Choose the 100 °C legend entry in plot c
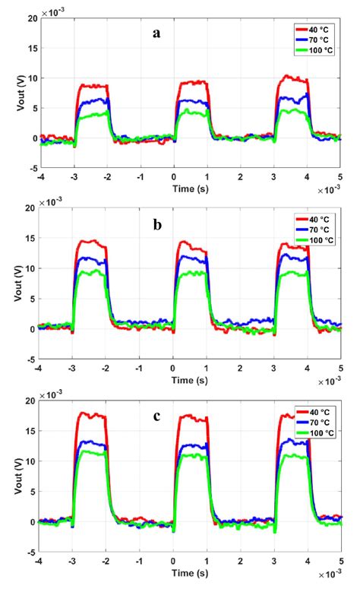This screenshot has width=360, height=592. (x=314, y=431)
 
